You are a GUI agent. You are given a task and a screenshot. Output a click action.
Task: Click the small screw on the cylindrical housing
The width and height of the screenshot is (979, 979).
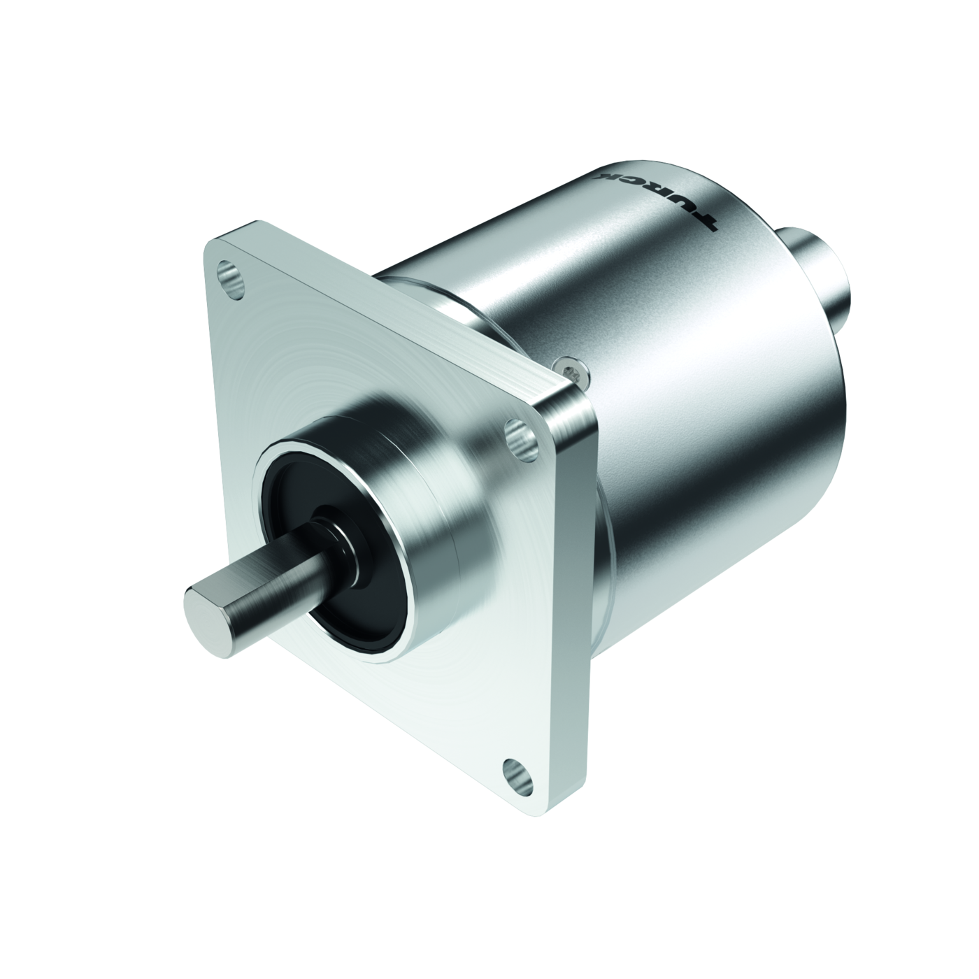[573, 371]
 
